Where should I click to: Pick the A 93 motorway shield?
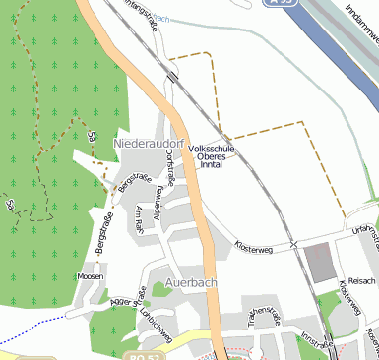279,4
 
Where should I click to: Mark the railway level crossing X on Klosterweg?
293,243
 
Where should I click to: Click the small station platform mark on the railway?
173,77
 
